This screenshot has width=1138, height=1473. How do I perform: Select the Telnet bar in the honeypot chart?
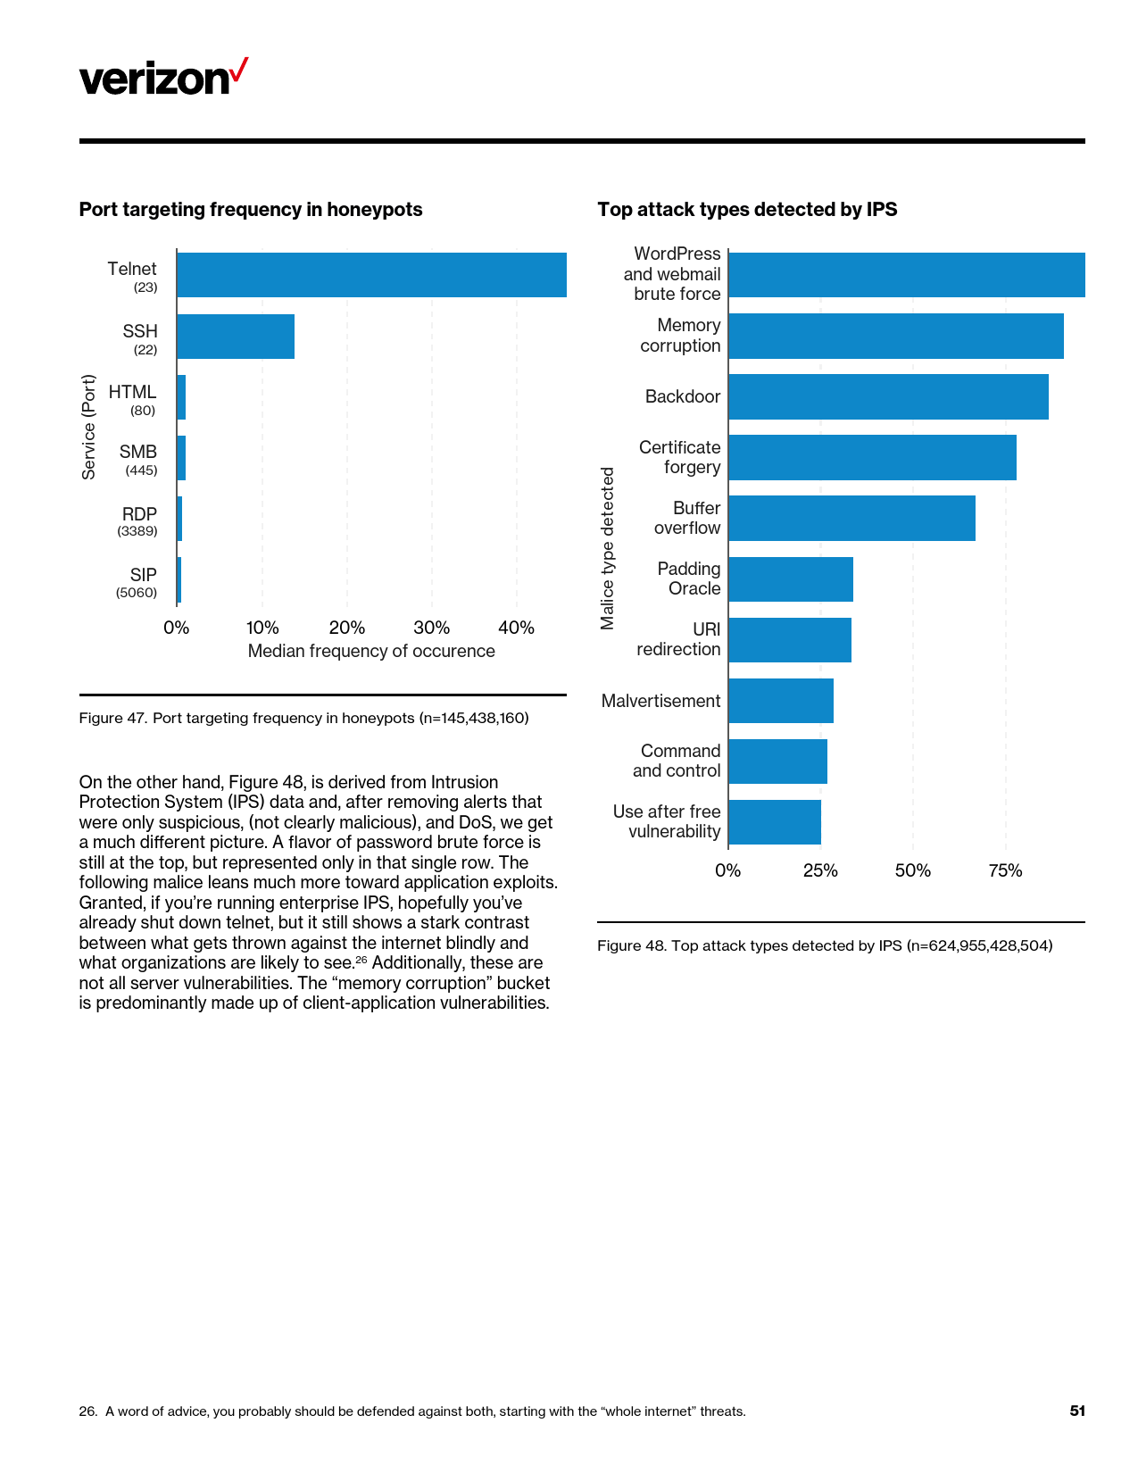tap(371, 275)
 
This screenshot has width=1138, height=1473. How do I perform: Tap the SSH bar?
tap(236, 337)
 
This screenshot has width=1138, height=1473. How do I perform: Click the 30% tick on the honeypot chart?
tap(431, 628)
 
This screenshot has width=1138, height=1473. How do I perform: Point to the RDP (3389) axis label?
tap(138, 521)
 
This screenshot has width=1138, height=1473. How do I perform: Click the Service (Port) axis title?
tap(88, 427)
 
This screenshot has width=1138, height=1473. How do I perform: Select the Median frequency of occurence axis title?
tap(371, 651)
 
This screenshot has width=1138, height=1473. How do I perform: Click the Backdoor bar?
tap(888, 396)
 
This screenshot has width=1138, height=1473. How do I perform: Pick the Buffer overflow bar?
tap(851, 518)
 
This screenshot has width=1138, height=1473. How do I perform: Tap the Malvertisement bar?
tap(781, 701)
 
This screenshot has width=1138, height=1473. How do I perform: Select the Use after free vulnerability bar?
tap(775, 822)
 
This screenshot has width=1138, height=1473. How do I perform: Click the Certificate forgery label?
tap(680, 457)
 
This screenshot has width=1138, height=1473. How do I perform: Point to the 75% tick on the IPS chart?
tap(1005, 870)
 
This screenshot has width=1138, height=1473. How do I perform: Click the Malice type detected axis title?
tap(608, 548)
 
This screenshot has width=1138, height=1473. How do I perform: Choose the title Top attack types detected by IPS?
tap(747, 210)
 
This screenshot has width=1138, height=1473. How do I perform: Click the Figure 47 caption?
tap(303, 718)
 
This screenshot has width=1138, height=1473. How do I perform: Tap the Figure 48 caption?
tap(825, 945)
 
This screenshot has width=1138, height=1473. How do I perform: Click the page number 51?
tap(1077, 1411)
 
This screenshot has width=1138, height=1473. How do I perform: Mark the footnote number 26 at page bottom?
tap(87, 1411)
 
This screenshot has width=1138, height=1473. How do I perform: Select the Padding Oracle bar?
tap(791, 579)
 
